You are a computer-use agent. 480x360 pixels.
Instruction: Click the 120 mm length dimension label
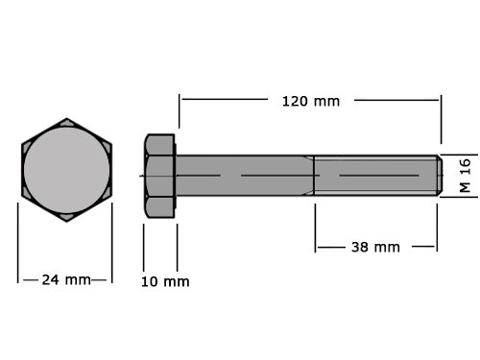point(311,102)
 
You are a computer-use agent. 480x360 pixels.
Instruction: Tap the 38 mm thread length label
point(375,248)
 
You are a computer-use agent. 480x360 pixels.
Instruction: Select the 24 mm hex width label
point(66,280)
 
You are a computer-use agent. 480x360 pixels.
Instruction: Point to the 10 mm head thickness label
point(165,281)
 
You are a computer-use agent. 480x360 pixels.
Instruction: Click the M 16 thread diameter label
point(465,176)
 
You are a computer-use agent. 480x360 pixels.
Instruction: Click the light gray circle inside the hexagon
point(66,170)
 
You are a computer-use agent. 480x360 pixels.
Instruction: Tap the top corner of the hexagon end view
point(66,118)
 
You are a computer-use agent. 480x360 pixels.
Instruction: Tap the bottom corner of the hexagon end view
point(66,222)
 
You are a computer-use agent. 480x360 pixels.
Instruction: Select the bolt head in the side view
point(159,176)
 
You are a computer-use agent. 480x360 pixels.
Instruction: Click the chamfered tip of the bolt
point(440,176)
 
